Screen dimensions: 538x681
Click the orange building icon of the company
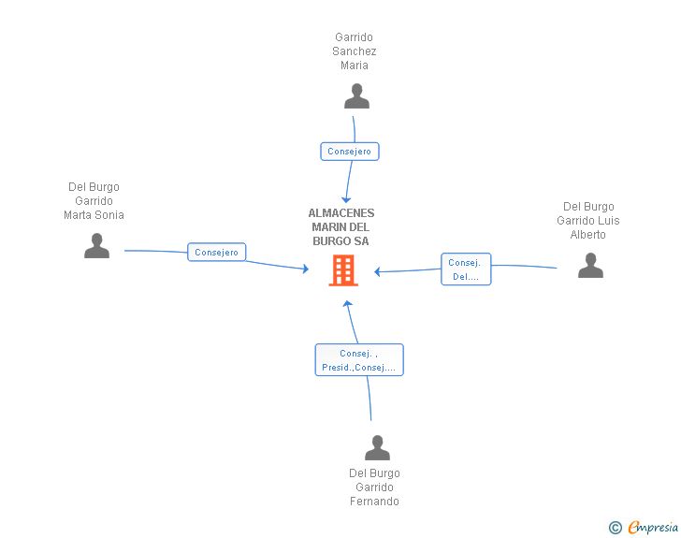click(x=343, y=270)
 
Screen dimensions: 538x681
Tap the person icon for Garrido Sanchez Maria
click(x=356, y=96)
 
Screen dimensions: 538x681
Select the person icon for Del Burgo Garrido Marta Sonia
click(x=96, y=246)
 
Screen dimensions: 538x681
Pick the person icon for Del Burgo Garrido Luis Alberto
click(x=590, y=266)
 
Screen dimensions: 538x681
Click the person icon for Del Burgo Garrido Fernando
click(x=377, y=448)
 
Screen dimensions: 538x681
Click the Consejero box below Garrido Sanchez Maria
click(x=350, y=151)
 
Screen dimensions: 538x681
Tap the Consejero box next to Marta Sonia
click(x=217, y=252)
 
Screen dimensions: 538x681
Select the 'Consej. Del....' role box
click(x=466, y=269)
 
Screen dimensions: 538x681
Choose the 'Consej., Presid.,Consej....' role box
click(x=359, y=360)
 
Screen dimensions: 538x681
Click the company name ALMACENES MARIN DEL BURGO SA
click(x=341, y=227)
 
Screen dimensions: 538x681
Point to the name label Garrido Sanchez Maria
click(x=355, y=51)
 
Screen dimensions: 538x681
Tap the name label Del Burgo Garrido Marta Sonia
click(x=94, y=201)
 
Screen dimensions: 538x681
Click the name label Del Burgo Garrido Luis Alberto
click(x=588, y=221)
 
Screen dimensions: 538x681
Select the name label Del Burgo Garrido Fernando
click(x=374, y=487)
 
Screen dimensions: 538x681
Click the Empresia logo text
click(x=652, y=528)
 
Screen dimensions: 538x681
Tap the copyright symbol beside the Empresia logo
click(x=616, y=528)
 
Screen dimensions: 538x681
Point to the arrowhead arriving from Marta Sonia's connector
click(x=304, y=269)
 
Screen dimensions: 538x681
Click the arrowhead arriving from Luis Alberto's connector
click(x=378, y=272)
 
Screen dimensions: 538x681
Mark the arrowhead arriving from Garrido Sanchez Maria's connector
click(x=346, y=198)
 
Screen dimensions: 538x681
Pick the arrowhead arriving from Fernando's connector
click(x=347, y=303)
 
